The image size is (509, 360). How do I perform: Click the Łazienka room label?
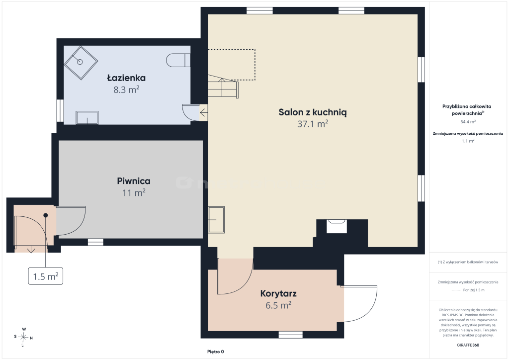(x=126, y=78)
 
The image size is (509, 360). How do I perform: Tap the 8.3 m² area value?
(x=126, y=90)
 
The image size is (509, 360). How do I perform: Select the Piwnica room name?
(x=134, y=181)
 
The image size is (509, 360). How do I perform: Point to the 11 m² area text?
(x=134, y=193)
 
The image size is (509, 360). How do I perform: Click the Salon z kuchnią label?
(x=313, y=112)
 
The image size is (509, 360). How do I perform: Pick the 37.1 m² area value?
(x=313, y=124)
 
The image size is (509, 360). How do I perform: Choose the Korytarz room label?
(x=278, y=294)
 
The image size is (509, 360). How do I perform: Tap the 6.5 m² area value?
(x=278, y=305)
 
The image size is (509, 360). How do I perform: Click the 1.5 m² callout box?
(x=45, y=276)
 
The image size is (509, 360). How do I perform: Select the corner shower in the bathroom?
(x=81, y=62)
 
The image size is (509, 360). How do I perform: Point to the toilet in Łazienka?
(x=178, y=60)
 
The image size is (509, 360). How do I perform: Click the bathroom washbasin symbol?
(x=87, y=118)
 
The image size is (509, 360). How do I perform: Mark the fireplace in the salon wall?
(x=337, y=226)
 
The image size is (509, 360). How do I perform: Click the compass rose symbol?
(x=23, y=337)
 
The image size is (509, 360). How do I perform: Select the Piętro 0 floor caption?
(x=216, y=352)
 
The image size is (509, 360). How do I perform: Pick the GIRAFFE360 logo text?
(x=468, y=345)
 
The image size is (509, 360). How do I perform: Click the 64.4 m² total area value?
(x=468, y=122)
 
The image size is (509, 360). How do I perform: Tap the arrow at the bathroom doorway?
(x=203, y=113)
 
